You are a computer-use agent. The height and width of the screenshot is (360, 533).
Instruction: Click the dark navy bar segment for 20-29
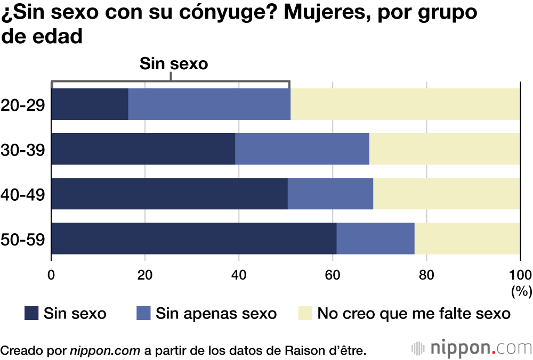pos(90,104)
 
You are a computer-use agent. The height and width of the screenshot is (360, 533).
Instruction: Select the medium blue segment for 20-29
pos(209,104)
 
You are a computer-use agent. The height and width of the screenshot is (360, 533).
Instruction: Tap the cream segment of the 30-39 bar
pos(445,149)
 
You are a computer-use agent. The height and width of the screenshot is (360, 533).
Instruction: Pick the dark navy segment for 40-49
pos(169,194)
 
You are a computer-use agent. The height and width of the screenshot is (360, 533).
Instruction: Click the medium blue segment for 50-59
pos(375,239)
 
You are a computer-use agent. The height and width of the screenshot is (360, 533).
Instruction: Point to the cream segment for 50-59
pos(467,239)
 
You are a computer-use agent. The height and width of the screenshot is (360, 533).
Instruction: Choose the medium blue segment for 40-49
pos(330,194)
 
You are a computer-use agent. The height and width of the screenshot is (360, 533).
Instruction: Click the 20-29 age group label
pos(23,105)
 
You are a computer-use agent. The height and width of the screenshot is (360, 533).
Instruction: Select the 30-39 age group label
pos(23,150)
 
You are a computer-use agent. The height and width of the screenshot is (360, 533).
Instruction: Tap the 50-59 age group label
pos(23,239)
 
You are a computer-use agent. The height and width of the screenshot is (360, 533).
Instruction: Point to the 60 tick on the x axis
pos(333,275)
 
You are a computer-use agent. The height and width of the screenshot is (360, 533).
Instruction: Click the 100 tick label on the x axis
pos(520,275)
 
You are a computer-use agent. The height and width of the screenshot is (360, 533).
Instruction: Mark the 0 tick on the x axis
pos(51,275)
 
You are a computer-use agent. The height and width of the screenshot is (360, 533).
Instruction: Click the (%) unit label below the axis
pos(521,291)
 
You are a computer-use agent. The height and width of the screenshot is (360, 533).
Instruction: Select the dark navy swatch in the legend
pos(31,313)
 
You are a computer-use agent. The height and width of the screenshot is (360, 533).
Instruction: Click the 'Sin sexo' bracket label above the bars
pos(173,64)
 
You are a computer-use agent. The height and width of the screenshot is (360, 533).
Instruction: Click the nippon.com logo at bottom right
pos(471,349)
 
